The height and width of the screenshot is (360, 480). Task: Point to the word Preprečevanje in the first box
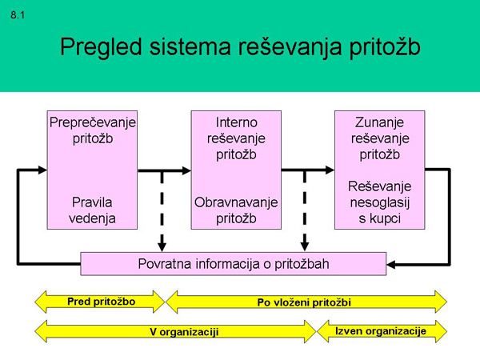(x=93, y=123)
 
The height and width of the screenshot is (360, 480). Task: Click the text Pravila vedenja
(x=93, y=210)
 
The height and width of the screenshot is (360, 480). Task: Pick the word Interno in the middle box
(x=236, y=123)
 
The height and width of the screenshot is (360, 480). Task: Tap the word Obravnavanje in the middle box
(x=236, y=202)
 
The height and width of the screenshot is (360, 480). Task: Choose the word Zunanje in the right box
(x=379, y=123)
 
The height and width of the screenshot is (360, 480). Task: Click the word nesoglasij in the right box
(x=379, y=202)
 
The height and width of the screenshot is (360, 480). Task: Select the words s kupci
(x=379, y=218)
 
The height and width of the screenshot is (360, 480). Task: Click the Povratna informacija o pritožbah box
(x=234, y=263)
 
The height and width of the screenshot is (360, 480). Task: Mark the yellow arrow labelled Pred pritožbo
(x=100, y=302)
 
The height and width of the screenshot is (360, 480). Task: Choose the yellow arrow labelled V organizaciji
(x=177, y=330)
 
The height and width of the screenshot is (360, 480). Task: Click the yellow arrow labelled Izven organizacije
(x=382, y=330)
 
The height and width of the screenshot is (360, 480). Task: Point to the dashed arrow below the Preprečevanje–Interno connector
(x=162, y=212)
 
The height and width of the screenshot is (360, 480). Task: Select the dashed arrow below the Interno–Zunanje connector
(x=305, y=212)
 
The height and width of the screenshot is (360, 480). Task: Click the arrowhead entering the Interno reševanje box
(x=185, y=170)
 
